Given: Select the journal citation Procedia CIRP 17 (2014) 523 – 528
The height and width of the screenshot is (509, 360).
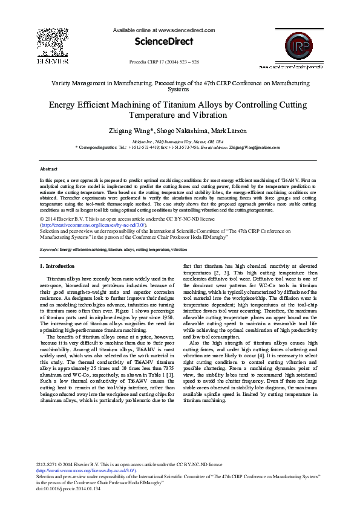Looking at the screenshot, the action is [x=164, y=62].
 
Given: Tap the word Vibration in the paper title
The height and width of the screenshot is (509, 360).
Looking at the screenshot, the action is [x=211, y=115].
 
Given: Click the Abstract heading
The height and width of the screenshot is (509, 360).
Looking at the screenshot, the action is [x=48, y=169].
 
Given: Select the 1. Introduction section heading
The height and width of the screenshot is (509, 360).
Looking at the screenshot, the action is [x=57, y=266].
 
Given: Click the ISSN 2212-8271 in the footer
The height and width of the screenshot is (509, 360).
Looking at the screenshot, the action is [x=47, y=464].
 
